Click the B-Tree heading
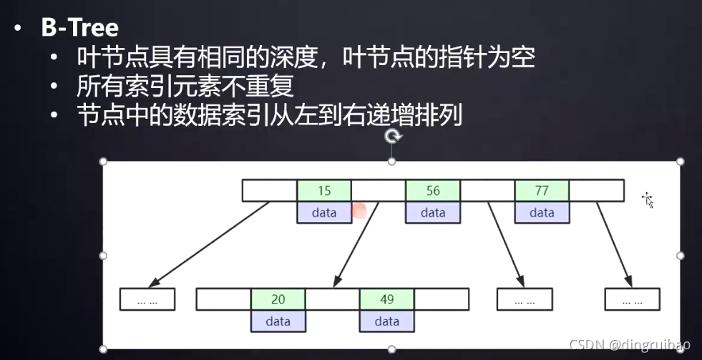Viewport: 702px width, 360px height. [x=79, y=29]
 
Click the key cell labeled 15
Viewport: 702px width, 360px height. [x=324, y=191]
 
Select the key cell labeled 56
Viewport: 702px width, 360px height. [x=433, y=191]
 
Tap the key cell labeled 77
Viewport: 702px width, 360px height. [x=542, y=191]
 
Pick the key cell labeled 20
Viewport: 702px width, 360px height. [x=278, y=299]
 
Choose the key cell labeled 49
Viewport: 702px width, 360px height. [x=386, y=299]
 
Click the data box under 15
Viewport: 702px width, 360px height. [x=324, y=213]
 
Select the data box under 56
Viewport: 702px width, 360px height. [x=433, y=213]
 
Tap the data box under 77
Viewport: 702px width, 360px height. [x=542, y=213]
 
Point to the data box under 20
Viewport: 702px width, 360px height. [x=278, y=321]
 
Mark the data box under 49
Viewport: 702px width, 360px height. [x=386, y=321]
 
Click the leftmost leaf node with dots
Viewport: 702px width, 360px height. [x=147, y=300]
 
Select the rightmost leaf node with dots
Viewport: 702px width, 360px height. [x=632, y=300]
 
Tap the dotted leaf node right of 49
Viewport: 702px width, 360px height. [x=524, y=300]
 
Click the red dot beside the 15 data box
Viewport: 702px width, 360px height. [x=359, y=210]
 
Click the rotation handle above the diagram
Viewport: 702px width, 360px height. [x=392, y=137]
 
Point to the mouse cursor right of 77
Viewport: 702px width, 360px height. [x=648, y=200]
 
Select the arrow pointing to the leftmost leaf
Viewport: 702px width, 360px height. [x=211, y=243]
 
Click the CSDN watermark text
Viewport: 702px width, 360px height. [x=630, y=345]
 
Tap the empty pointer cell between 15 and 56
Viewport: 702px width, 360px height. [x=379, y=191]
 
